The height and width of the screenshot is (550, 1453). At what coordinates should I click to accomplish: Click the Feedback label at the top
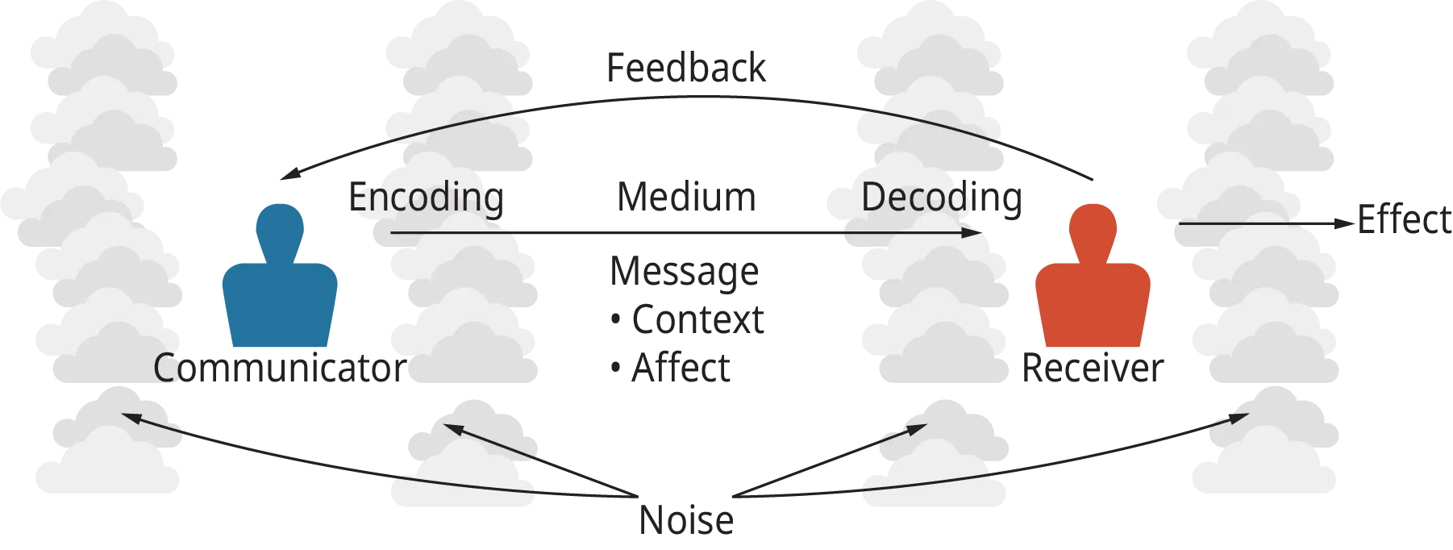[x=685, y=68]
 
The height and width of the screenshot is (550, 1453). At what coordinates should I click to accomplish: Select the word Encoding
[x=425, y=198]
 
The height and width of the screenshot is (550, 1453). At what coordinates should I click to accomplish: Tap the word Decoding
[x=942, y=198]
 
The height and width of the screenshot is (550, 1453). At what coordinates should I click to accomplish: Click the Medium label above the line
[x=686, y=198]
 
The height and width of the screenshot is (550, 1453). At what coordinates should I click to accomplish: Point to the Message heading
[x=683, y=272]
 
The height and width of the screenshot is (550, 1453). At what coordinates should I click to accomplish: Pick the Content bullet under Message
[x=686, y=320]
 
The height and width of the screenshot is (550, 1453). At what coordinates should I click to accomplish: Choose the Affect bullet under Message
[x=671, y=369]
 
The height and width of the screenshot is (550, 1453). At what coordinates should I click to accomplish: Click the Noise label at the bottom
[x=686, y=519]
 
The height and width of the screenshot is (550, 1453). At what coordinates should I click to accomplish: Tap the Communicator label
[x=277, y=370]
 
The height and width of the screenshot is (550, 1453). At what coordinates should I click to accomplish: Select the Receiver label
[x=1093, y=370]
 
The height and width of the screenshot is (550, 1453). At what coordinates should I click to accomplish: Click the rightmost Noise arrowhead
[x=1243, y=417]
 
